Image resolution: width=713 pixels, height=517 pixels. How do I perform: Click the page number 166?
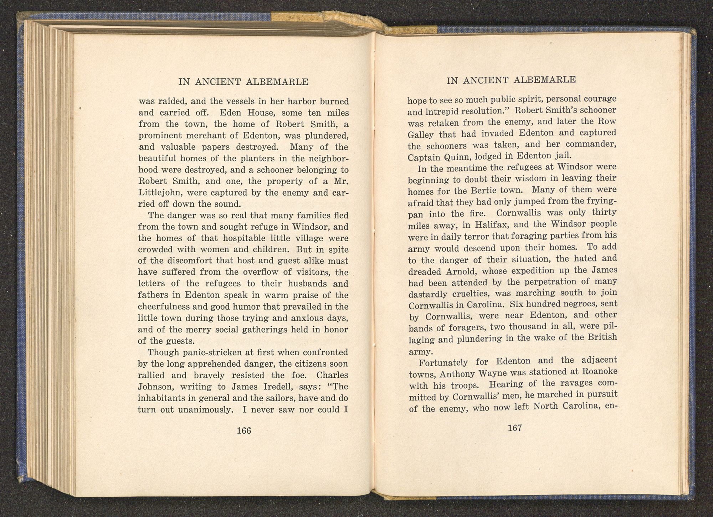244,430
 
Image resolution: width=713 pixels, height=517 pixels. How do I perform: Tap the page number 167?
514,428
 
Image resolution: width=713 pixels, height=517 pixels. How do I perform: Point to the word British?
599,337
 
